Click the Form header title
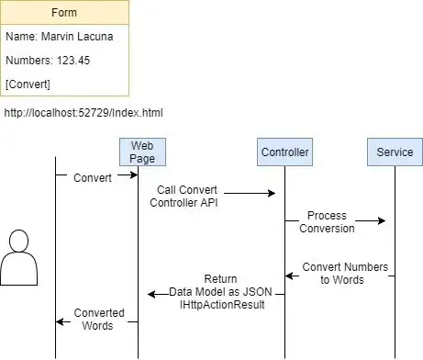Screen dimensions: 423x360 tap(64, 13)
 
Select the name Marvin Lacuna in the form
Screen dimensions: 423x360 tap(77, 37)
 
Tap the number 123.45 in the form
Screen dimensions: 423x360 tap(73, 61)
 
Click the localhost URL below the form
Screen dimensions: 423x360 tap(83, 113)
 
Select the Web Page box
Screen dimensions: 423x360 tap(142, 152)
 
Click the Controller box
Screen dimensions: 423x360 tap(284, 152)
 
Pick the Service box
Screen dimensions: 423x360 tap(395, 152)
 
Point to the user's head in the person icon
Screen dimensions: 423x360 tap(19, 241)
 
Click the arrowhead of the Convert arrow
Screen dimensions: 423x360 tap(134, 174)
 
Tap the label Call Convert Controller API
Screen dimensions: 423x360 tap(184, 197)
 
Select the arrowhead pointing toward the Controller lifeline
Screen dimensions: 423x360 tap(272, 193)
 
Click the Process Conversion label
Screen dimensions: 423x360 tap(327, 222)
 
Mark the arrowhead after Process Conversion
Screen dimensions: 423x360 tap(382, 220)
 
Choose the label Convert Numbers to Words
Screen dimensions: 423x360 tap(345, 274)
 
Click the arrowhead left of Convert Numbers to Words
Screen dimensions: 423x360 tap(289, 276)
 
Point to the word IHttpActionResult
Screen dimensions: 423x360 tap(222, 305)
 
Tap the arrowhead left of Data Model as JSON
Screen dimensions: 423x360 tap(151, 294)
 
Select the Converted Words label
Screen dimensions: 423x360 tap(99, 320)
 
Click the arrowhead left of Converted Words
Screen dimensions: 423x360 tap(60, 321)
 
